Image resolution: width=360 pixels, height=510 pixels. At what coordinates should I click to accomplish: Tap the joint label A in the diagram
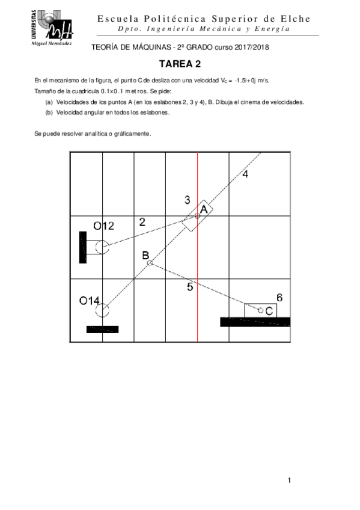[x=204, y=209]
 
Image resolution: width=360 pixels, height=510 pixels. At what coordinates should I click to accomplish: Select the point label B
[x=145, y=255]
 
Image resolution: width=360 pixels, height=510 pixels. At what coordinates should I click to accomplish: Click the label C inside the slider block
[x=270, y=310]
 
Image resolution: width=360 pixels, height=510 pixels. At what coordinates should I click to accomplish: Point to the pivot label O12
[x=103, y=226]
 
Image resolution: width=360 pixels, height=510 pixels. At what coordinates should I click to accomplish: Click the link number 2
[x=142, y=221]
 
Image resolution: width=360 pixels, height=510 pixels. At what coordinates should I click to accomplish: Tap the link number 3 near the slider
[x=188, y=200]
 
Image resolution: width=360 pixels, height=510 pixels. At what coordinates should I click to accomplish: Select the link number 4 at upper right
[x=245, y=174]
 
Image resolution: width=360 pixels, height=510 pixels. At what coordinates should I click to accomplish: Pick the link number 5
[x=190, y=287]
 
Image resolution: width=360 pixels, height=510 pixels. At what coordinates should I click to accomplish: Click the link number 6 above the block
[x=279, y=297]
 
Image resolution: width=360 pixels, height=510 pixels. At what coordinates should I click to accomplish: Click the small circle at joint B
[x=150, y=263]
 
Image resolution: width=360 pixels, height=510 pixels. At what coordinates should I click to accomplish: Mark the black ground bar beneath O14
[x=102, y=329]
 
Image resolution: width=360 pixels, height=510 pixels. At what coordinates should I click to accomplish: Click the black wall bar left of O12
[x=83, y=247]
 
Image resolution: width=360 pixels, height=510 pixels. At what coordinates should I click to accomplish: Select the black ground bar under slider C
[x=255, y=322]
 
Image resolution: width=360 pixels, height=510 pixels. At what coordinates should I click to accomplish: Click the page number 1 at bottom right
[x=290, y=480]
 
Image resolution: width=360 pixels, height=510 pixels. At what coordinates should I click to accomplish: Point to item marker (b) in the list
[x=49, y=112]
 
